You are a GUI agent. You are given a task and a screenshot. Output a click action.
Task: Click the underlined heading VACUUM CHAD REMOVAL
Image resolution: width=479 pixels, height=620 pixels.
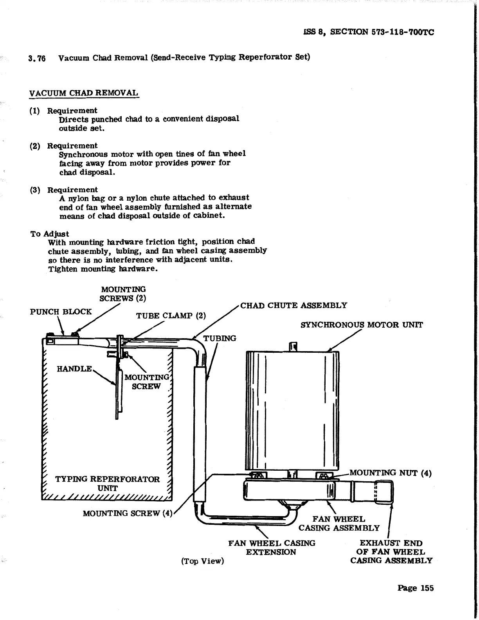coord(84,93)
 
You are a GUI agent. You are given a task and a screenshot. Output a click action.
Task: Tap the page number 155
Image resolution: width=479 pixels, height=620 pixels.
coord(415,588)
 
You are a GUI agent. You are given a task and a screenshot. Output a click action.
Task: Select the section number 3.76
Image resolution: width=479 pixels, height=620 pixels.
coord(37,58)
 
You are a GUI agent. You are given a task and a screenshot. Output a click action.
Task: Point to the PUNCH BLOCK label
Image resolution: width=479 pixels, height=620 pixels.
coord(61,312)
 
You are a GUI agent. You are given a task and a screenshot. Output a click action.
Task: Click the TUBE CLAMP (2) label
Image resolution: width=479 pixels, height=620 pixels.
coord(171,316)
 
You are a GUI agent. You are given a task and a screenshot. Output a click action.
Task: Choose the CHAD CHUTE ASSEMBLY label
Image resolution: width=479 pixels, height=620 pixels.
coord(294,306)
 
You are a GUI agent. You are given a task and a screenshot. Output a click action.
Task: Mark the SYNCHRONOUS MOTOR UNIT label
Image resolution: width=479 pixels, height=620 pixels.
coord(362,325)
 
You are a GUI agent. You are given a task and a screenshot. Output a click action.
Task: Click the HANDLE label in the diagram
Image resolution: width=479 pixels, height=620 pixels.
coord(74,369)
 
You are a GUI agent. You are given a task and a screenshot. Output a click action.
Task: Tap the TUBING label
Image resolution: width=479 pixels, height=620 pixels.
coord(220,338)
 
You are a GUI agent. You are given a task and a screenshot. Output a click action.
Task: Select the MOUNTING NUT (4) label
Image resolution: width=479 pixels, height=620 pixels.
coord(390,473)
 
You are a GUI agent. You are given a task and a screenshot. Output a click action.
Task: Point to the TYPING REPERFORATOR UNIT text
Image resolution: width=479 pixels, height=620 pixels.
coord(107,484)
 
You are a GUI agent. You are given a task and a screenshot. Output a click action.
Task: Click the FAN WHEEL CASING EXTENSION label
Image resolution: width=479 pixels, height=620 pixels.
coord(272,547)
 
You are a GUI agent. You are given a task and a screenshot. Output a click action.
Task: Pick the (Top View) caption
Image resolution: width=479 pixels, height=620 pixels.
coord(202,561)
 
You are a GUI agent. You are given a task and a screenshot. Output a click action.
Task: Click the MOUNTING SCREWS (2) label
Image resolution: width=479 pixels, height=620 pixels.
coord(123,294)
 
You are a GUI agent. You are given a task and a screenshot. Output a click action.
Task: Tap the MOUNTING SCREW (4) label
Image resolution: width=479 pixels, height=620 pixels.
coord(128,513)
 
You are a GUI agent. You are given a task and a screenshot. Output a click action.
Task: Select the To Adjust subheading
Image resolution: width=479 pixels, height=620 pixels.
coord(50,234)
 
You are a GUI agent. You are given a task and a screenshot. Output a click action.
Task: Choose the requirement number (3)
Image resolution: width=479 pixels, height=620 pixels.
coord(35,190)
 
